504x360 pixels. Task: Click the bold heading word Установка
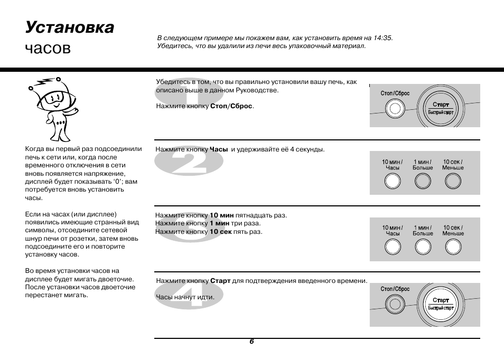pyautogui.click(x=69, y=27)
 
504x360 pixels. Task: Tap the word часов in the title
pyautogui.click(x=48, y=49)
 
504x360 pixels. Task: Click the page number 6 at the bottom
pyautogui.click(x=252, y=342)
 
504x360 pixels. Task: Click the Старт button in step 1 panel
pyautogui.click(x=441, y=109)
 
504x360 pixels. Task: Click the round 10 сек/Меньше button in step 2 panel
pyautogui.click(x=453, y=181)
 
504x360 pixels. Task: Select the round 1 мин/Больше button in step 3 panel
pyautogui.click(x=423, y=247)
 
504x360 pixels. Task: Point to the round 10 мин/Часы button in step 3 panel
pyautogui.click(x=393, y=247)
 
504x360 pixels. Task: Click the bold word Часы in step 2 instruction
pyautogui.click(x=219, y=149)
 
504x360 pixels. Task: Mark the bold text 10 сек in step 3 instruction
pyautogui.click(x=221, y=232)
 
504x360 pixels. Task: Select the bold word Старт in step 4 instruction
pyautogui.click(x=220, y=281)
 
